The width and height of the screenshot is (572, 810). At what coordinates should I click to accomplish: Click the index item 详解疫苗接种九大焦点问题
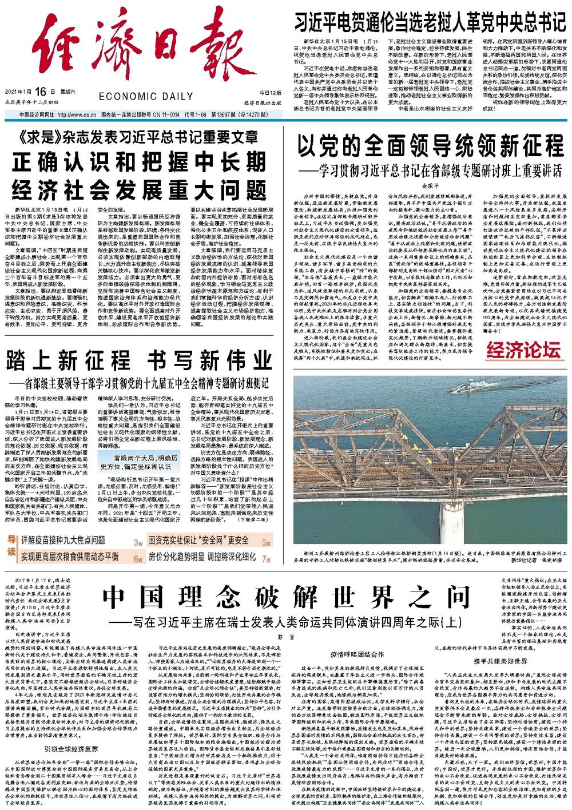point(63,539)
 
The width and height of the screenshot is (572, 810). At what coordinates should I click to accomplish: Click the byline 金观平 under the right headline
point(428,185)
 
